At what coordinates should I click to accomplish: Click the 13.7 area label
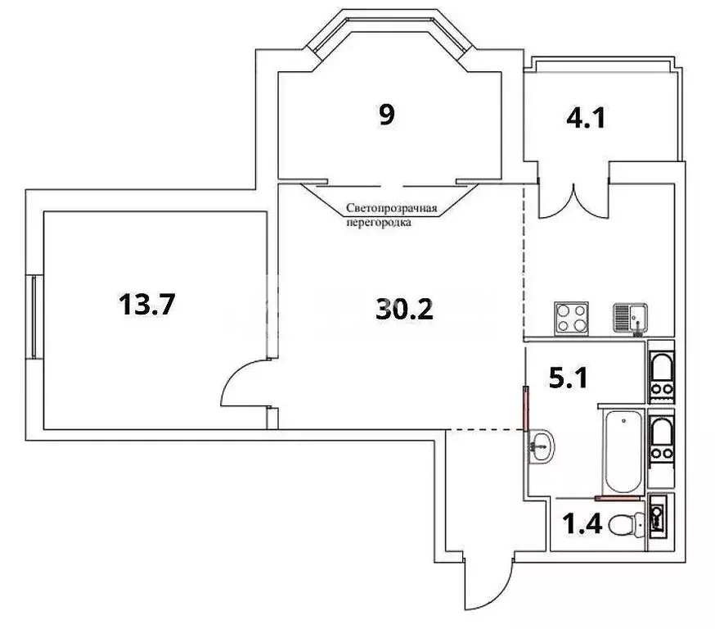click(147, 306)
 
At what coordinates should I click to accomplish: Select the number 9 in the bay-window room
click(386, 115)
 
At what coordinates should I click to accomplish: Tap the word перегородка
click(378, 221)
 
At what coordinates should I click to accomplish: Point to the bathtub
click(623, 450)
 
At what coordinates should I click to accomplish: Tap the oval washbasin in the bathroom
click(541, 446)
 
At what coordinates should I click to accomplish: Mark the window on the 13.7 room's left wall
click(34, 316)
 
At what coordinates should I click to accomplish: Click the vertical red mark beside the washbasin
click(525, 408)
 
